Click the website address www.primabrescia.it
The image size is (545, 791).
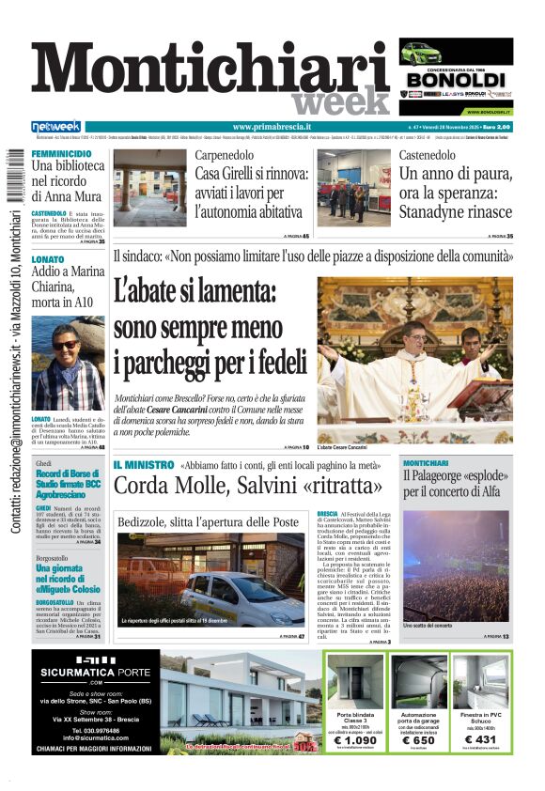(x=272, y=127)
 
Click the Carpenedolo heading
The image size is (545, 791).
(x=226, y=155)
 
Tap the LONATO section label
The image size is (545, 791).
(x=48, y=258)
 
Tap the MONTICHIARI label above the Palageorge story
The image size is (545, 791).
(x=432, y=464)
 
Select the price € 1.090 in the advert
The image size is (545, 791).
(x=353, y=741)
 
